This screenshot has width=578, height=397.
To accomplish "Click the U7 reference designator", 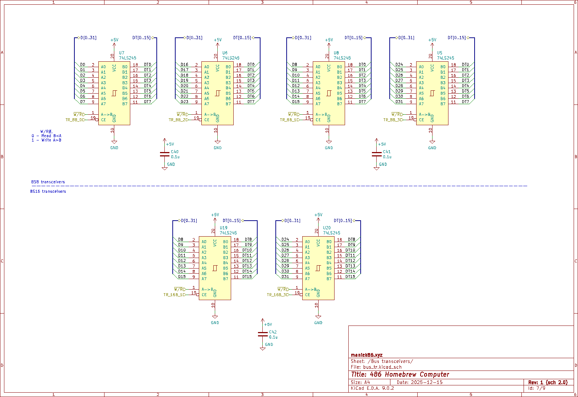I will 122,53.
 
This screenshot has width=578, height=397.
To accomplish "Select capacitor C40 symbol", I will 165,154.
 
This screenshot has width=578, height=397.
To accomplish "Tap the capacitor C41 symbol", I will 377,154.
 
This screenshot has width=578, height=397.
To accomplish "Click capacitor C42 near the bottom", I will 263,334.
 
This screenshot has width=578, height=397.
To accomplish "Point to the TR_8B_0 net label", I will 75,120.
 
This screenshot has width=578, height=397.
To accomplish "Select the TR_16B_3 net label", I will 278,295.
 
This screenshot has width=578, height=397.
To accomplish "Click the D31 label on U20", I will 286,277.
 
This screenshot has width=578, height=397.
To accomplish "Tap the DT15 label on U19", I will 247,277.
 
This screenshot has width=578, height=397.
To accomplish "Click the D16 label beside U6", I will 184,65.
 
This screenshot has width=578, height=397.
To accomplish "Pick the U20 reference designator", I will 327,228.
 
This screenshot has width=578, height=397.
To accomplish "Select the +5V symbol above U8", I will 329,40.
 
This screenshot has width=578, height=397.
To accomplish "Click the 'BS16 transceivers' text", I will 48,191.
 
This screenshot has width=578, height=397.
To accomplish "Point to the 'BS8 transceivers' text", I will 48,182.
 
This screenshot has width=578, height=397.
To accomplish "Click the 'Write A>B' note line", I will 47,140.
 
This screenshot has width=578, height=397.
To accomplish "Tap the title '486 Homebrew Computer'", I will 400,374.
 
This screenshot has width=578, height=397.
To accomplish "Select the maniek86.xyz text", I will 366,355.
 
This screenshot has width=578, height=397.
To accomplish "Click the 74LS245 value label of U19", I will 228,233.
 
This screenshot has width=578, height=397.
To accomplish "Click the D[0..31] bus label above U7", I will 88,38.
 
